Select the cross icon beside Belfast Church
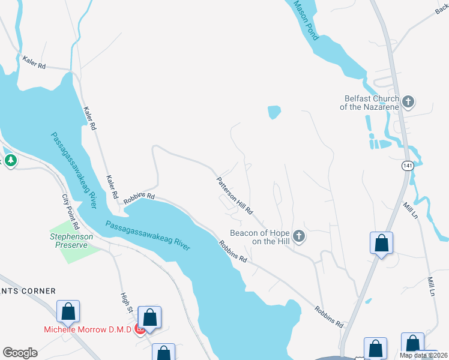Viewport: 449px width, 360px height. (408, 102)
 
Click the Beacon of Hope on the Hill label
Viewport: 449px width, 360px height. (261, 237)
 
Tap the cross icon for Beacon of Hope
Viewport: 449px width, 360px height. (299, 237)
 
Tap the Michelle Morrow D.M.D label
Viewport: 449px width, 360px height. (88, 329)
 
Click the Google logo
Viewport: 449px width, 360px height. (20, 352)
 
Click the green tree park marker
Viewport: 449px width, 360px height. (10, 160)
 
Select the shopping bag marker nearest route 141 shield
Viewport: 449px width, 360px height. (381, 243)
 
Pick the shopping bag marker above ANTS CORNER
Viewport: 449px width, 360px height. (68, 311)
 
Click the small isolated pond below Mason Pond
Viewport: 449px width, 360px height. (274, 112)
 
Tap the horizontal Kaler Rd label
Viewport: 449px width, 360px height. (34, 62)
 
